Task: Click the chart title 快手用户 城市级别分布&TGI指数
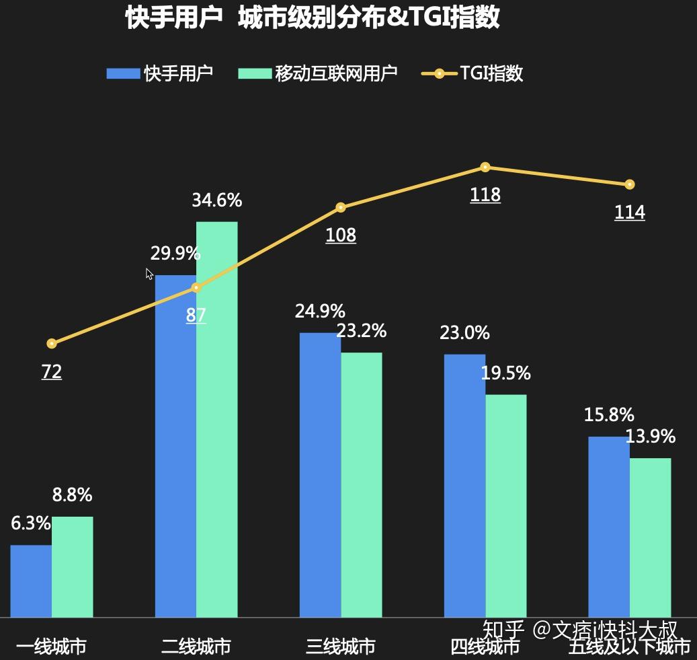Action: [x=313, y=17]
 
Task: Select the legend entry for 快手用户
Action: [x=160, y=73]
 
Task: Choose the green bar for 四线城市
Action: [x=505, y=505]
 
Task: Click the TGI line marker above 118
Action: [x=485, y=167]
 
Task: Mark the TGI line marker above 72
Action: [x=52, y=344]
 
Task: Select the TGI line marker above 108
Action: [x=341, y=207]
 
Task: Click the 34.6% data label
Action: [x=216, y=200]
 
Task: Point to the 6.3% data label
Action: [x=31, y=523]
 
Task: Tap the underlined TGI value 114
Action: [x=630, y=213]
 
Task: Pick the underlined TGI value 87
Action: [x=196, y=315]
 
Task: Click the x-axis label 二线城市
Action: [x=196, y=647]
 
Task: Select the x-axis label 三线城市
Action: [x=341, y=647]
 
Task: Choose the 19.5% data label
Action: [x=505, y=373]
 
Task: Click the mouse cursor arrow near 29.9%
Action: [x=149, y=272]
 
